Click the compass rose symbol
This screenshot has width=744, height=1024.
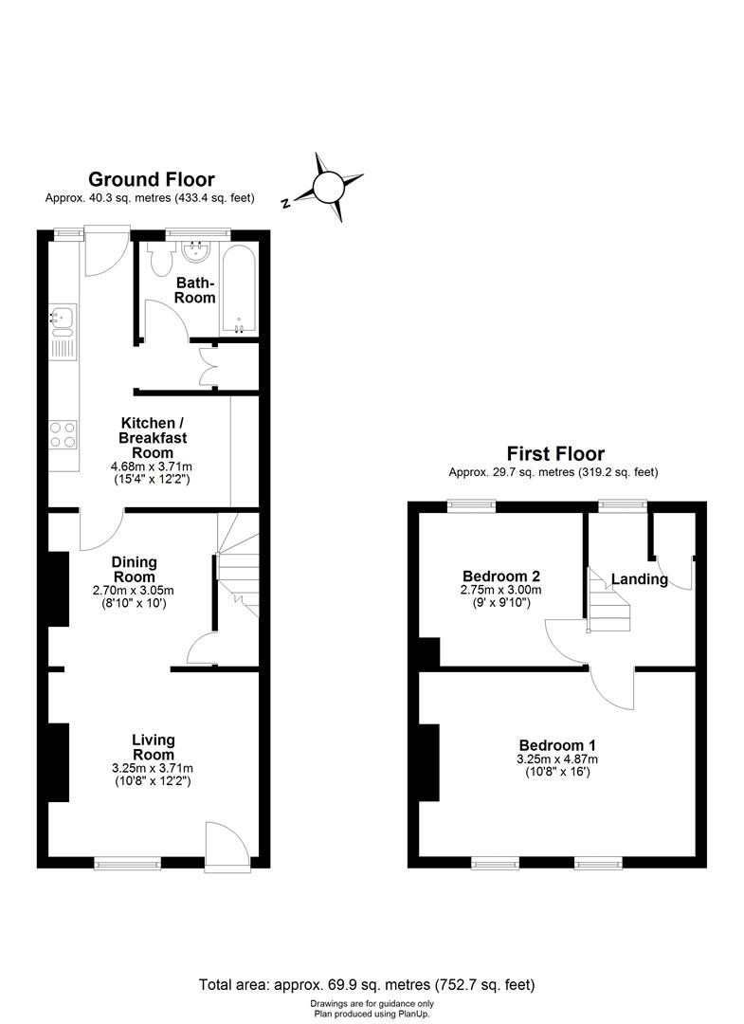click(x=328, y=187)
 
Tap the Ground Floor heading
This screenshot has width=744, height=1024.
click(x=151, y=179)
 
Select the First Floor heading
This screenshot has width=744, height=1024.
click(x=554, y=454)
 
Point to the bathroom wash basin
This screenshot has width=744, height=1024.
click(x=198, y=250)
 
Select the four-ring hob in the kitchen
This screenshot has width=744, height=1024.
click(x=64, y=434)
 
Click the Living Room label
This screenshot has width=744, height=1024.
click(x=153, y=747)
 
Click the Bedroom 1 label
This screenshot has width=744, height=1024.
click(x=556, y=745)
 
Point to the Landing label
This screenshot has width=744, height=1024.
click(x=639, y=579)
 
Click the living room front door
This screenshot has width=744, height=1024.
click(x=224, y=843)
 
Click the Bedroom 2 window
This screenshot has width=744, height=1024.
click(x=472, y=505)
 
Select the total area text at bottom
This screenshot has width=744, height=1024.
click(x=372, y=984)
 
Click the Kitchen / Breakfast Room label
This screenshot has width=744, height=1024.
click(x=153, y=438)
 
